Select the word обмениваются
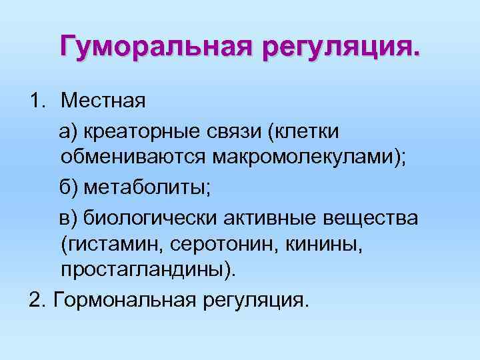point(134,159)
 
